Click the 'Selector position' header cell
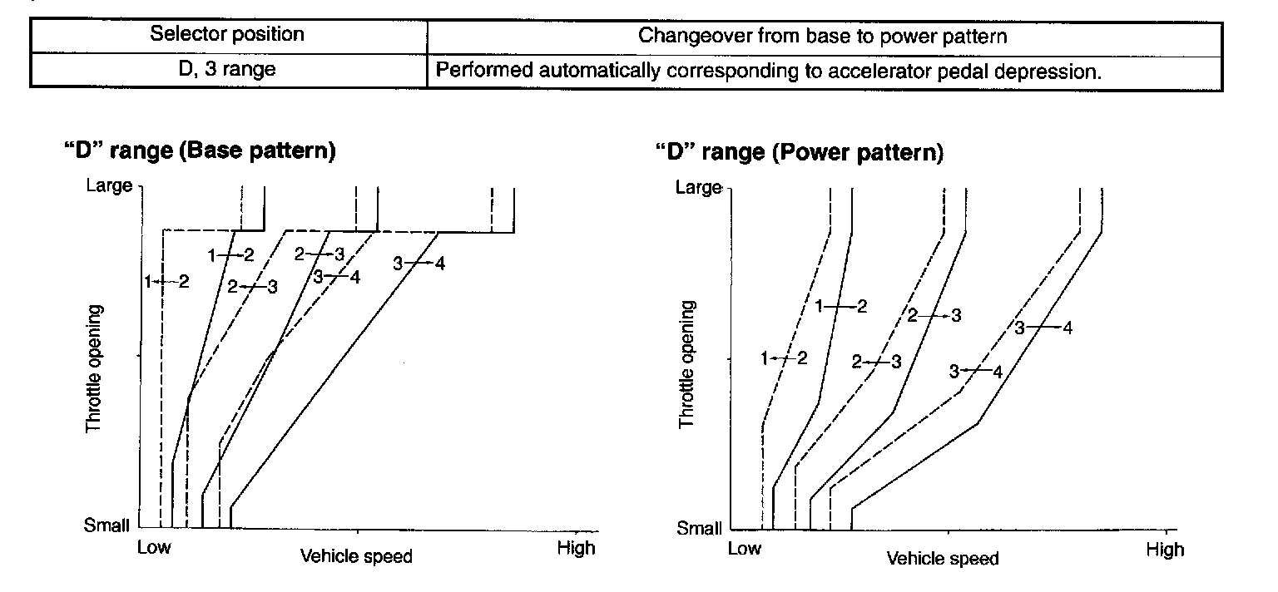pyautogui.click(x=227, y=35)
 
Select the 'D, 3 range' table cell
pyautogui.click(x=227, y=70)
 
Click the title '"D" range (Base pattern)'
pyautogui.click(x=200, y=152)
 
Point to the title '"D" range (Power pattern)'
pyautogui.click(x=799, y=154)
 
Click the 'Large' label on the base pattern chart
pyautogui.click(x=109, y=185)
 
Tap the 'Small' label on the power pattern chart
pyautogui.click(x=699, y=527)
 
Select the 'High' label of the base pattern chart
pyautogui.click(x=577, y=548)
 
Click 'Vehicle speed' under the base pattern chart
pyautogui.click(x=356, y=555)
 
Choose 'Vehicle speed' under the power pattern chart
pyautogui.click(x=943, y=559)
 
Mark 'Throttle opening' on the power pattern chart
pyautogui.click(x=686, y=365)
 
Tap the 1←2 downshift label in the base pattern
pyautogui.click(x=166, y=281)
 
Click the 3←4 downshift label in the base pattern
pyautogui.click(x=337, y=278)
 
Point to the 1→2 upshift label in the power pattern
pyautogui.click(x=841, y=306)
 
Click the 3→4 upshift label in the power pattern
pyautogui.click(x=1043, y=328)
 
